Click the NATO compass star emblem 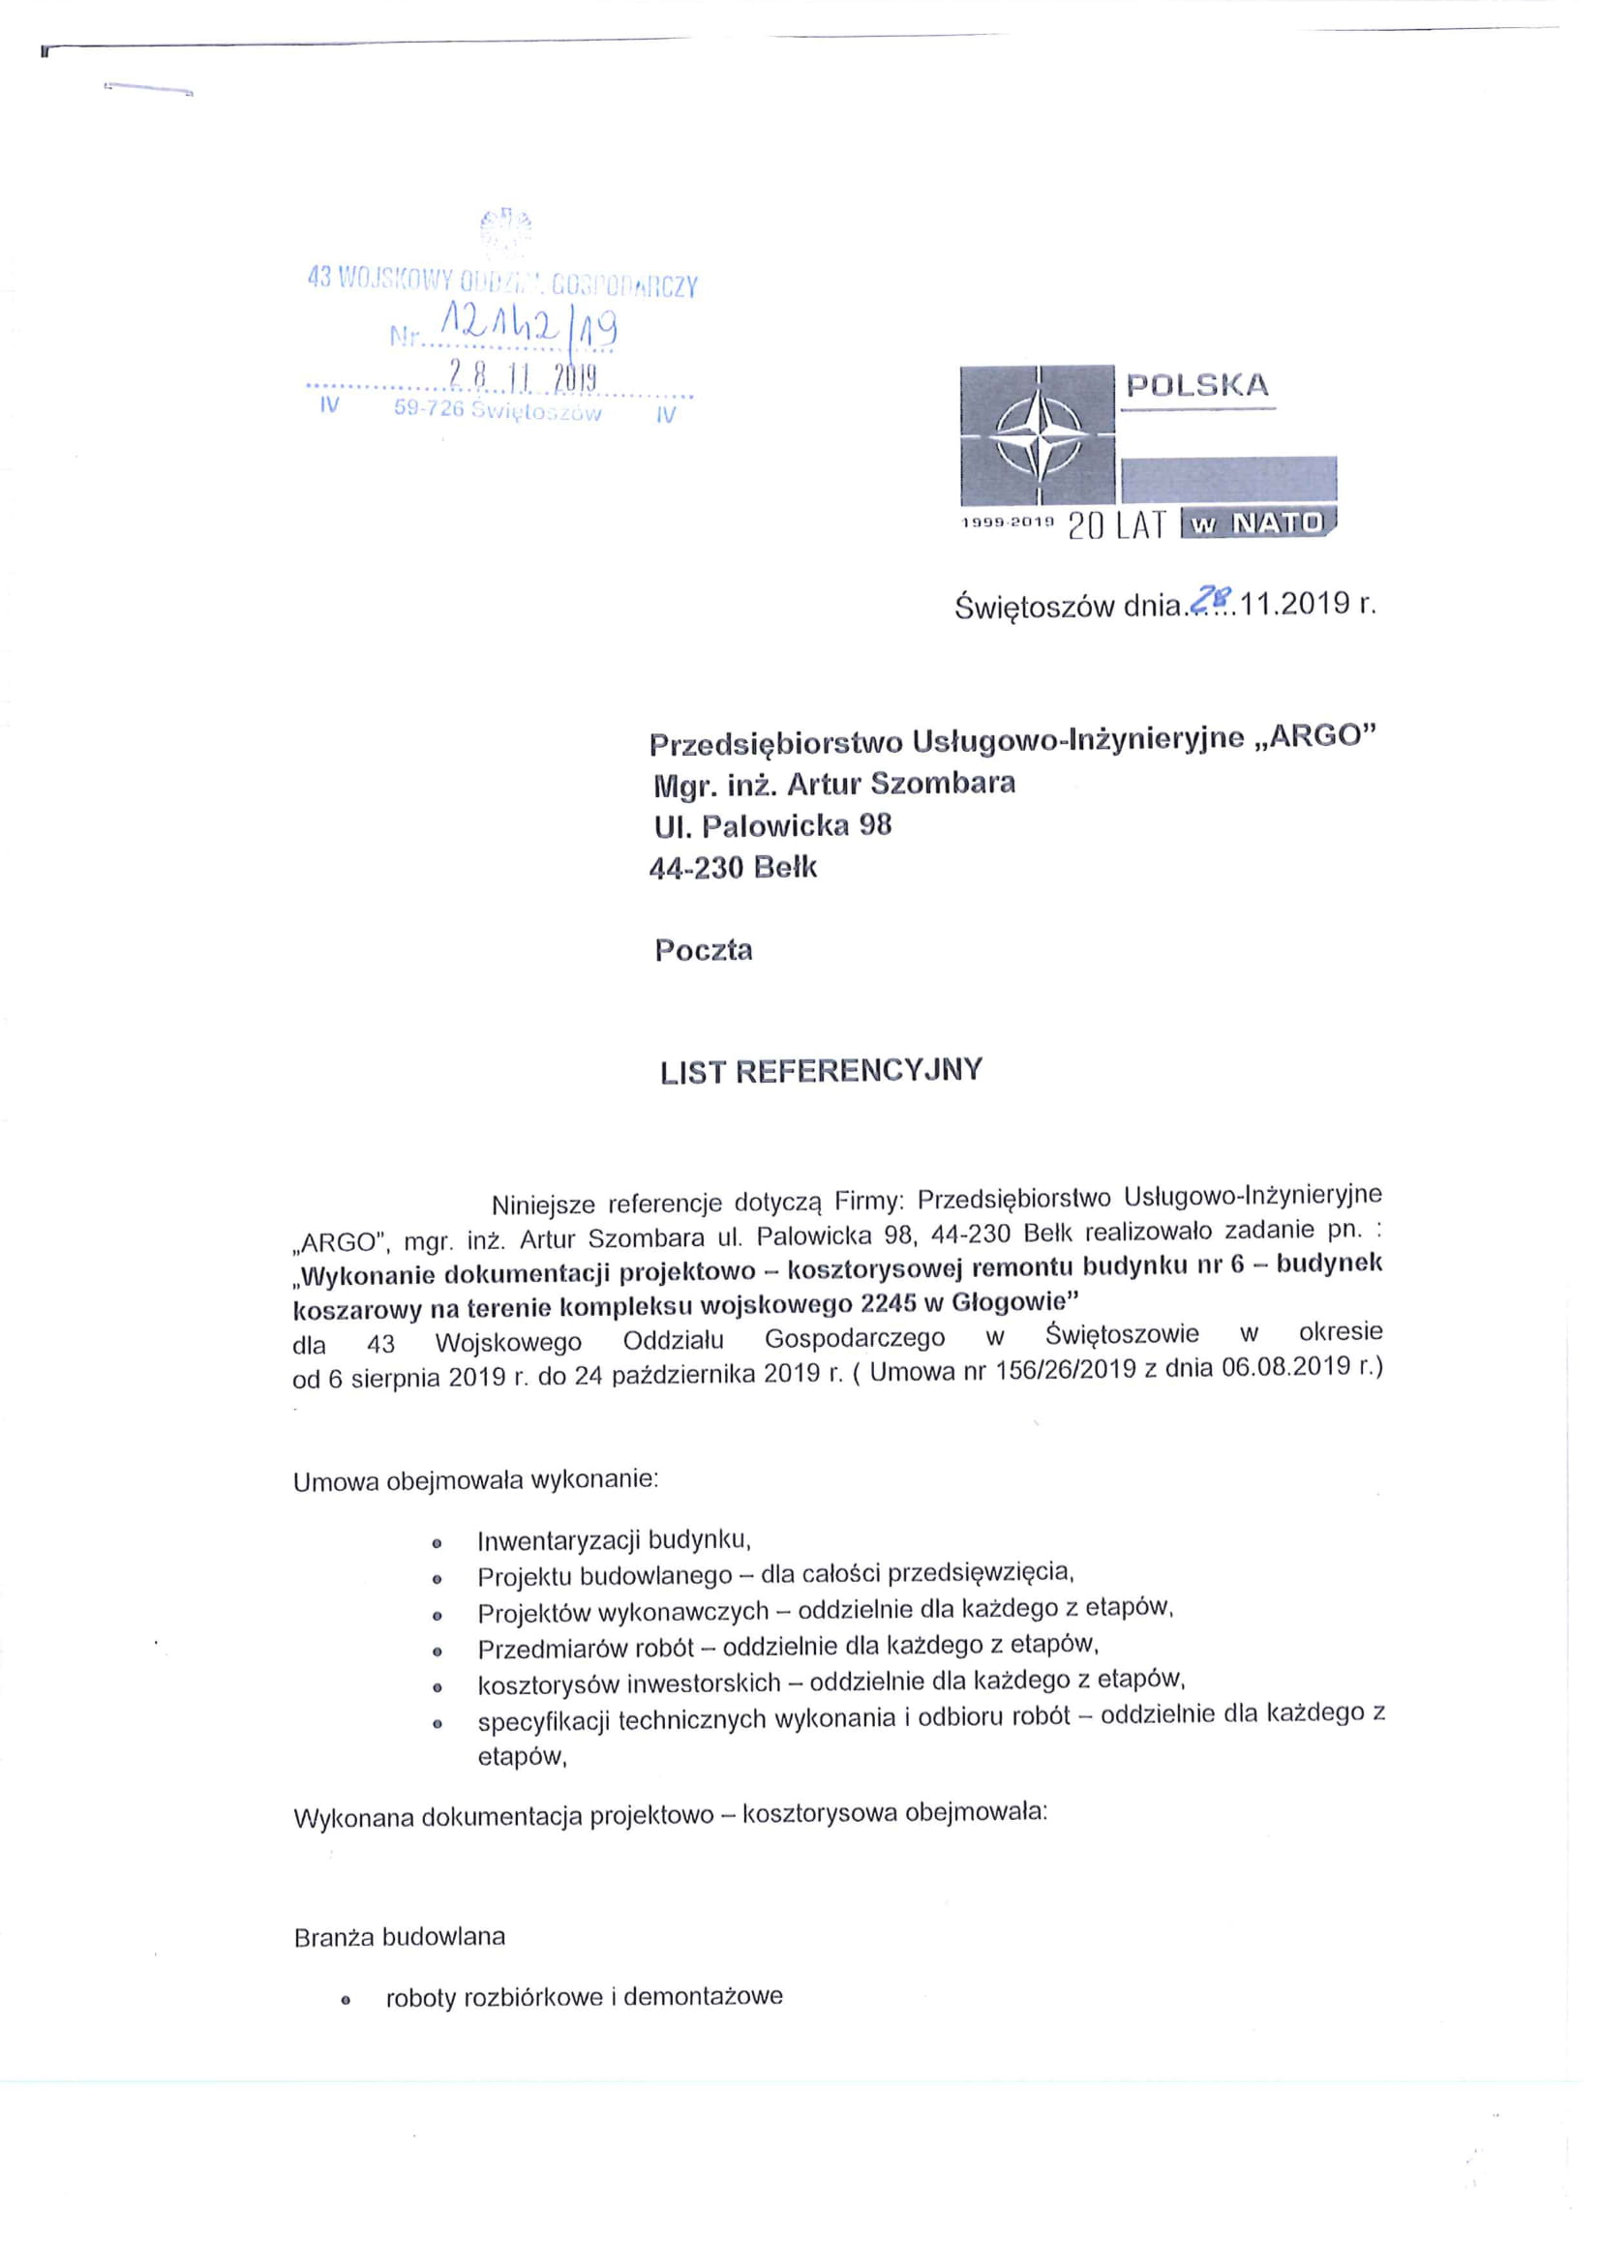(1039, 435)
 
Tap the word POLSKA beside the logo (1197, 385)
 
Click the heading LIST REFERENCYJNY (821, 1071)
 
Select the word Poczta (703, 950)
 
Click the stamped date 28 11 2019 (523, 375)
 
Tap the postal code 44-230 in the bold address (695, 868)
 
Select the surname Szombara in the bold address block (943, 784)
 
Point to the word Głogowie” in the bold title (1013, 1303)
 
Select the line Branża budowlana (399, 1936)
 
